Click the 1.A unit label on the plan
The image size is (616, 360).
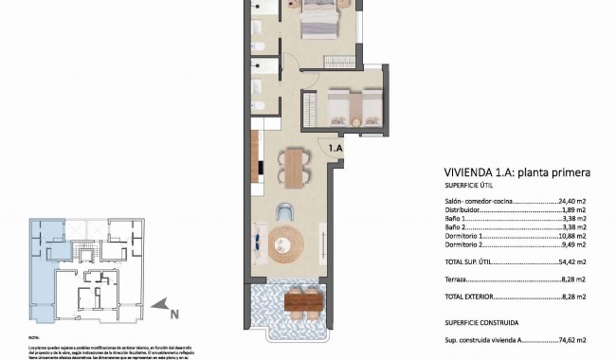click(335, 148)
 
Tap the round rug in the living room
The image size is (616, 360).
click(287, 244)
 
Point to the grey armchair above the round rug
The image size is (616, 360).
click(286, 212)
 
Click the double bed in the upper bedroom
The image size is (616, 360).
click(322, 19)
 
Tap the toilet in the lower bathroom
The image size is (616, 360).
click(258, 92)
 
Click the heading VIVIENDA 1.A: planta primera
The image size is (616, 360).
click(517, 173)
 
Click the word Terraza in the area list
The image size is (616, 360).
click(458, 280)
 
